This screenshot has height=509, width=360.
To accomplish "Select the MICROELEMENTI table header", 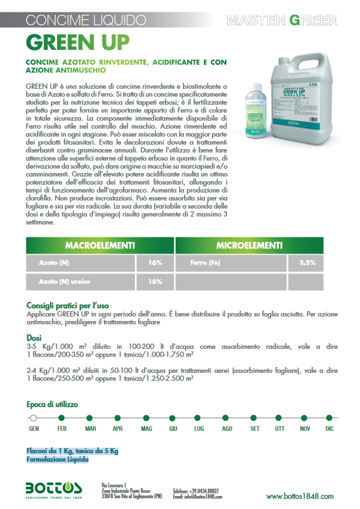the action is tap(248, 246).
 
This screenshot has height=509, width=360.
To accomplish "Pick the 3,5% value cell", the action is tap(307, 263).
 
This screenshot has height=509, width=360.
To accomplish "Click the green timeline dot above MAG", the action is tap(146, 417).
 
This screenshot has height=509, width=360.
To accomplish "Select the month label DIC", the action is tap(330, 429).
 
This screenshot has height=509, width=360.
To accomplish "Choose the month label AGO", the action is tap(227, 429).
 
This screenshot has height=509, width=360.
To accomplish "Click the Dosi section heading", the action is tap(34, 338).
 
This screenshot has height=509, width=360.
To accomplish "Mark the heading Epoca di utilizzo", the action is tap(53, 405).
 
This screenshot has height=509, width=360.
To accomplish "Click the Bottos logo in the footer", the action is tap(54, 490).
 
